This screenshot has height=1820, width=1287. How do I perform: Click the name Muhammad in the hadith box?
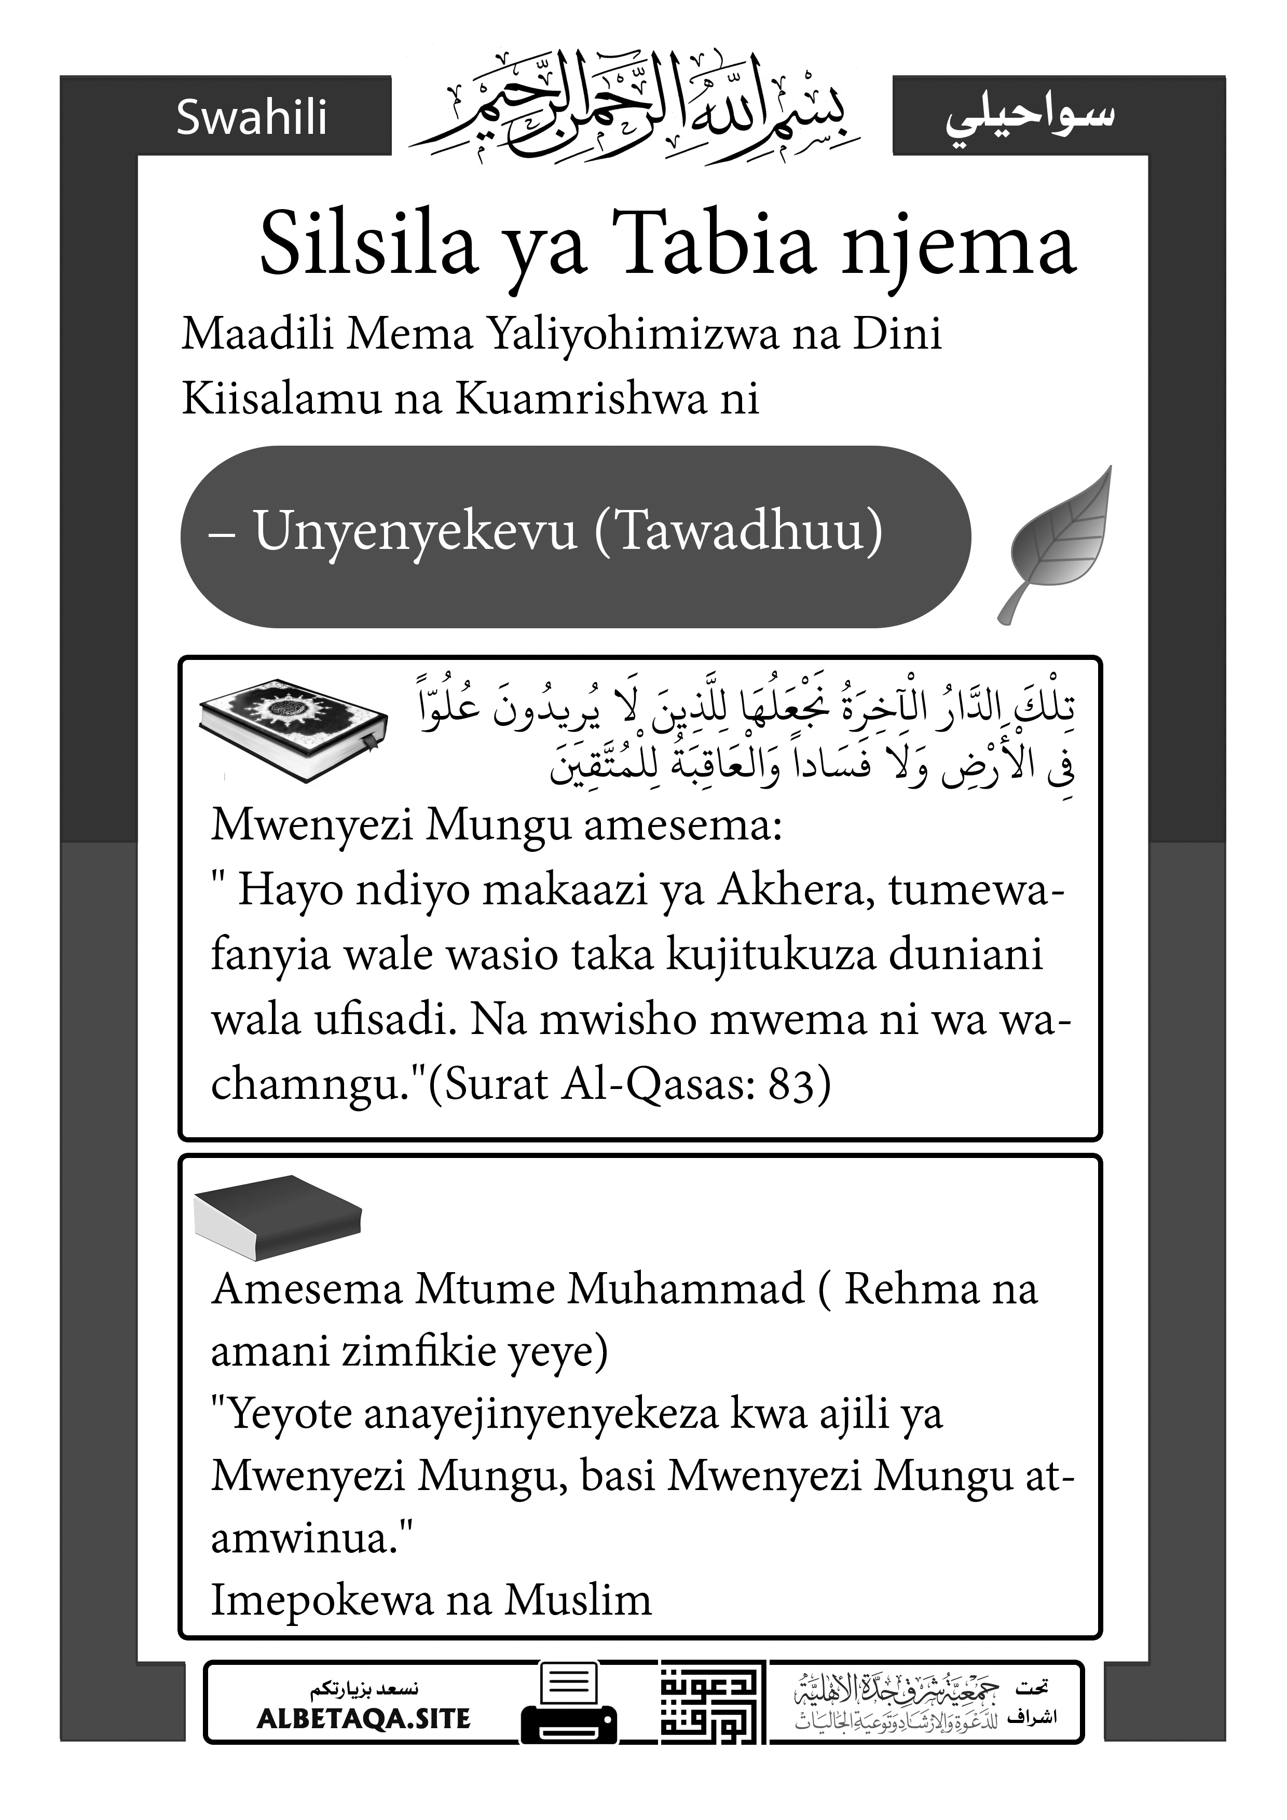point(685,1289)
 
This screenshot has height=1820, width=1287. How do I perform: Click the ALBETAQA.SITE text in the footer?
point(364,1718)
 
